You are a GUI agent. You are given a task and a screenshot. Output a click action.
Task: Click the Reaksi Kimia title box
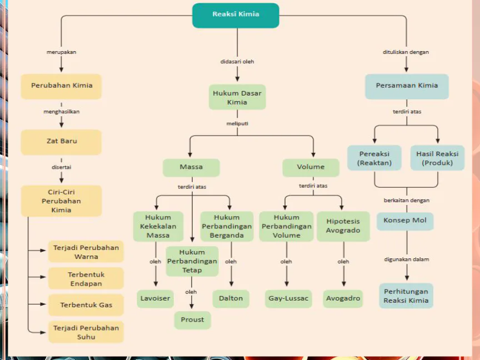point(236,14)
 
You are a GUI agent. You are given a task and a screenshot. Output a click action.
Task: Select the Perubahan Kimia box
point(61,86)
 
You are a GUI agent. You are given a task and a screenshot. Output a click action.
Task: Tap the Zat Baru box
point(61,141)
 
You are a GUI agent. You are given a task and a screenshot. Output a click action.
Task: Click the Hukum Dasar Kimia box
point(237,97)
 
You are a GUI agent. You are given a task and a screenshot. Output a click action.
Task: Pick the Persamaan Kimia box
point(407,86)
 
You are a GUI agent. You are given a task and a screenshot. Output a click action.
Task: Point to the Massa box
point(191,167)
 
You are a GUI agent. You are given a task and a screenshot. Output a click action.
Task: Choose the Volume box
point(311,167)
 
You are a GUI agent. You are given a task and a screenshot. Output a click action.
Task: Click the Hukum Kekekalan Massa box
point(158,226)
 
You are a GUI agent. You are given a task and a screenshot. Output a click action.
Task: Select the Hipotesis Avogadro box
point(343,226)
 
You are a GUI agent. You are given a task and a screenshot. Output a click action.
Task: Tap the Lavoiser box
point(156,298)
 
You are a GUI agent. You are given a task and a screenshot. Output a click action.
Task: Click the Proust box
point(192,319)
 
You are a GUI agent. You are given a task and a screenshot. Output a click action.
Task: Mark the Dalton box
point(231,298)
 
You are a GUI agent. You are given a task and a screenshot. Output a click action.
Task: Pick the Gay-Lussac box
point(287,298)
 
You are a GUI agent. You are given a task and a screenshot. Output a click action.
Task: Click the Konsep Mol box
point(405,221)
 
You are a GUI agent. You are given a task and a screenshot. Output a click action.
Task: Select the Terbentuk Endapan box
point(86,279)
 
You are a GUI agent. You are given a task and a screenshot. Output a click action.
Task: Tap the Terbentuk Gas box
point(86,305)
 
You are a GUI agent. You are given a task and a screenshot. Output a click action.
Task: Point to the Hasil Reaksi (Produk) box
point(437,158)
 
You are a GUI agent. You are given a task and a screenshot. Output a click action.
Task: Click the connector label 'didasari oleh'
point(237,62)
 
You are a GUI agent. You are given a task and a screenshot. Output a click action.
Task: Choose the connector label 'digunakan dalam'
point(407,259)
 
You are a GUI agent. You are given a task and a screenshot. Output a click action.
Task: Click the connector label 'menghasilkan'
point(61,112)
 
